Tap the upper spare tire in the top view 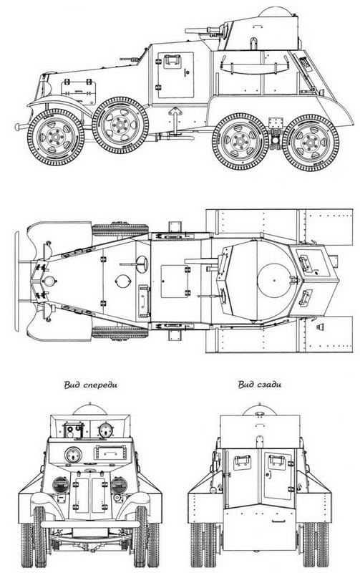click(x=120, y=230)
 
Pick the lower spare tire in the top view click(x=120, y=332)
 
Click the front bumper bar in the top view click(x=19, y=281)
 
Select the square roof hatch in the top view click(x=175, y=281)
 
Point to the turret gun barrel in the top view click(x=201, y=261)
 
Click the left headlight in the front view click(x=61, y=485)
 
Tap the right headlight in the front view click(x=119, y=485)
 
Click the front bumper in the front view click(x=89, y=524)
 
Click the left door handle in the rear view click(x=242, y=458)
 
